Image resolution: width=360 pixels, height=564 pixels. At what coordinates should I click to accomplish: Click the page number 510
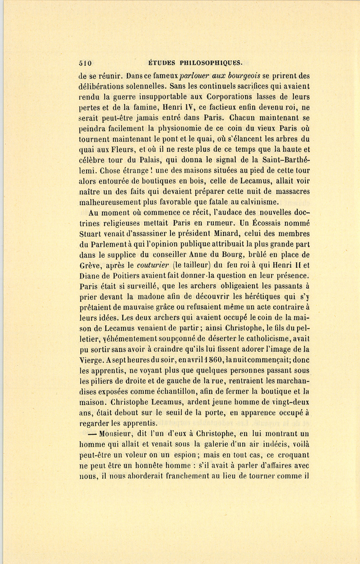pos(85,63)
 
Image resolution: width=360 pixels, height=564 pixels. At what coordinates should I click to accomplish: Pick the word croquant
pos(293,455)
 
